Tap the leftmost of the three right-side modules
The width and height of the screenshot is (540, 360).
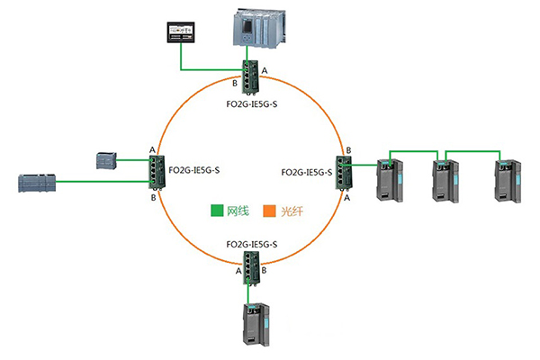coord(388,178)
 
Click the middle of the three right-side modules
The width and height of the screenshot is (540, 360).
coord(444,178)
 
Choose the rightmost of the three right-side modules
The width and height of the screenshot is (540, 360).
coord(505,178)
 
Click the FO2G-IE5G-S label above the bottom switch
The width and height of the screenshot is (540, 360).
coord(252,245)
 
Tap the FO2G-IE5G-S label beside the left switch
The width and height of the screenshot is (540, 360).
coord(193,168)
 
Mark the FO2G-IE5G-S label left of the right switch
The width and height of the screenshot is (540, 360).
coord(305,170)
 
